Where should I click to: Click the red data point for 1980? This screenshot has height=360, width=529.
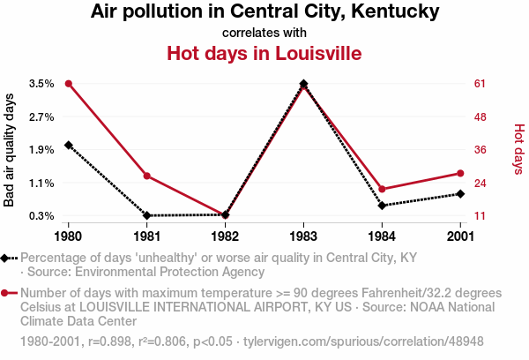click(69, 83)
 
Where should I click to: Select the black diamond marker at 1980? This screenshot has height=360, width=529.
click(69, 145)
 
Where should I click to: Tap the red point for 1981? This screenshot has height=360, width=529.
click(147, 176)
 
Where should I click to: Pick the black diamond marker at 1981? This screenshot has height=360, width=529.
click(147, 215)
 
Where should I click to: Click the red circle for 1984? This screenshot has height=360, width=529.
click(382, 189)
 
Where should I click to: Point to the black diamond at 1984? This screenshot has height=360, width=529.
click(382, 205)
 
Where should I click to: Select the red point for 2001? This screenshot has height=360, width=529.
click(460, 173)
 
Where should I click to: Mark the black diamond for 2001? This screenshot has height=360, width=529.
click(460, 193)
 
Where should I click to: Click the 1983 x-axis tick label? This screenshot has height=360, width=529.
click(303, 236)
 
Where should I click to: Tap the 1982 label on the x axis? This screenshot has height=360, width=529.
click(225, 236)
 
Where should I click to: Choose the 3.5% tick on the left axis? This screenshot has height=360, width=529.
click(41, 84)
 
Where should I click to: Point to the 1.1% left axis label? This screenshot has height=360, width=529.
click(41, 183)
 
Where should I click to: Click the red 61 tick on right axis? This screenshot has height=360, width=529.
click(481, 84)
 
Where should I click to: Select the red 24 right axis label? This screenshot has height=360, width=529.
click(481, 183)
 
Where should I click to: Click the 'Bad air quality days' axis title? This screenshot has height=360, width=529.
click(10, 149)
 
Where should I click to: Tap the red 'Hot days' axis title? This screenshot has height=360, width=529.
click(518, 149)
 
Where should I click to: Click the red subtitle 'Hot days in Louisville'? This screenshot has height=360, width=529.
click(264, 53)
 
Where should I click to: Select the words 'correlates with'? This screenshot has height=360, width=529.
click(264, 33)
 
